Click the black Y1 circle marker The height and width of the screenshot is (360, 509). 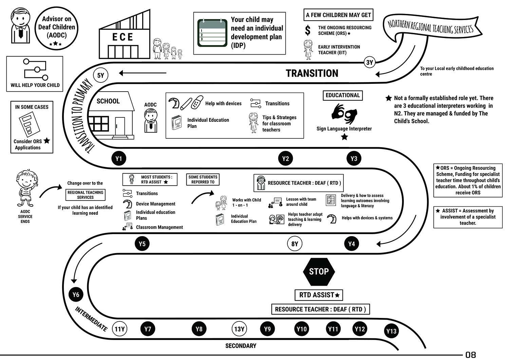coord(119,158)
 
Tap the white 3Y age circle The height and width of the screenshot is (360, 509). coord(370,62)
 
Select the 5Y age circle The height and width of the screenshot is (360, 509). coord(101,75)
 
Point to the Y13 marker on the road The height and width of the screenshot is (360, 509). coord(391,331)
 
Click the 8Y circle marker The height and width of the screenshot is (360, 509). coord(295,244)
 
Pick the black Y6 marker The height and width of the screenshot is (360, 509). coord(76,295)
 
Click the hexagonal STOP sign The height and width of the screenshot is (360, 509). coord(319,271)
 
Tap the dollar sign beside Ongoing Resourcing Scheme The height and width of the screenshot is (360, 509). coord(307,30)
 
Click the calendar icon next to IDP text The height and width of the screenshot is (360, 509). coord(212,33)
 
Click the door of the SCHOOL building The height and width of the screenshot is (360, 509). coord(120,127)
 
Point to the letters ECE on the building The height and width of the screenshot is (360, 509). coord(123,37)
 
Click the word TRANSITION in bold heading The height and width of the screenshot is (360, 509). coord(312,73)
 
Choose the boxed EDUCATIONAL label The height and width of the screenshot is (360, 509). coord(342,95)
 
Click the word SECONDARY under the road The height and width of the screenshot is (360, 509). coord(241,346)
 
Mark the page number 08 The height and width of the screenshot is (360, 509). coord(470,355)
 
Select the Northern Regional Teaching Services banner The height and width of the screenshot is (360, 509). coord(431,26)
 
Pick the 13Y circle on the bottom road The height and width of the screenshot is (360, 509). coord(239,329)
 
